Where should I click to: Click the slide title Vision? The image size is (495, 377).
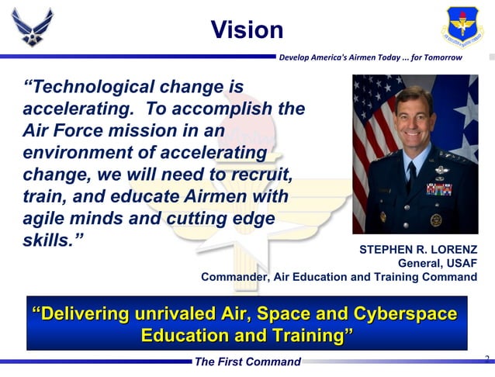pyautogui.click(x=247, y=30)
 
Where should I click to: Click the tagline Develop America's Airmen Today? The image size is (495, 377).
pyautogui.click(x=370, y=57)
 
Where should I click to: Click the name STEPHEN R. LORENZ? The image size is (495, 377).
pyautogui.click(x=418, y=250)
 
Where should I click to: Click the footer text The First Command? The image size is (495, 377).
pyautogui.click(x=247, y=362)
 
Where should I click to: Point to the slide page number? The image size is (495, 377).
pyautogui.click(x=486, y=359)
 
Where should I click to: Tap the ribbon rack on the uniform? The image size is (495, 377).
pyautogui.click(x=438, y=189)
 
